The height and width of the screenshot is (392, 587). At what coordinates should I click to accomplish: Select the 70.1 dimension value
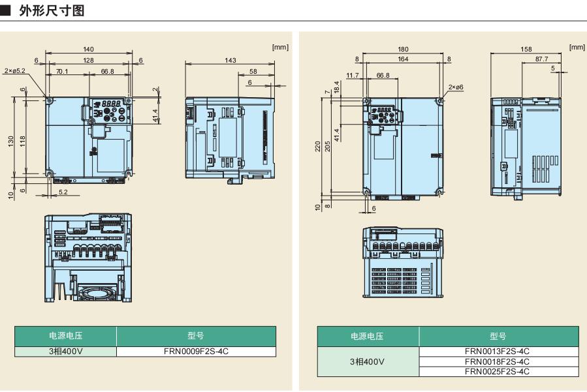point(63,71)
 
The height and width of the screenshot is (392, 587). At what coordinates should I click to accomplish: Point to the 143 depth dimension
point(230,60)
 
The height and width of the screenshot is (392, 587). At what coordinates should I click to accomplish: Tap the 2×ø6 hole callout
point(458,87)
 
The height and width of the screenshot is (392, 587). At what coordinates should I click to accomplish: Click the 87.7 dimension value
point(542,59)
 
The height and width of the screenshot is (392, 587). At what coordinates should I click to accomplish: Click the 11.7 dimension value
point(353,75)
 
